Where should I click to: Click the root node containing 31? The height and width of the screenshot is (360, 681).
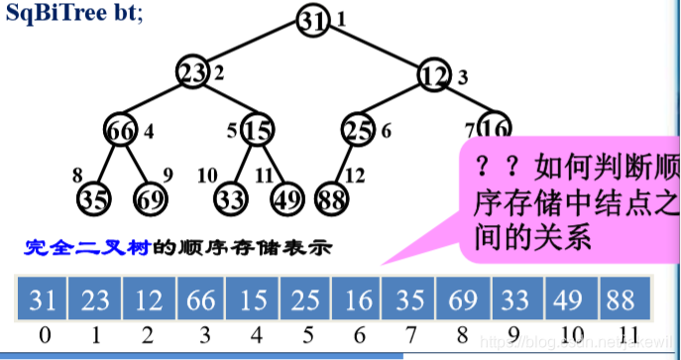313,21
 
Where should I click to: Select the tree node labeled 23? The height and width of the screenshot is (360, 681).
194,71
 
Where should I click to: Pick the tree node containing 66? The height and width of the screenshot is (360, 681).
121,130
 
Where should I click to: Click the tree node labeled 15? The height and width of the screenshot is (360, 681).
257,130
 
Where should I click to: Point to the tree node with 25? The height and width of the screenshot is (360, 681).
359,130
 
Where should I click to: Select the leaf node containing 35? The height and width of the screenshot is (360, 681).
93,196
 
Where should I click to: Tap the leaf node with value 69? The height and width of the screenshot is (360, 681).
152,196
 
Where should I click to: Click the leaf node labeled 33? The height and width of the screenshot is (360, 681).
232,196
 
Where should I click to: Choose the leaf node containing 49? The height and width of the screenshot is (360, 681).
287,196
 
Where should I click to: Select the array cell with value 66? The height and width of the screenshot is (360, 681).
201,299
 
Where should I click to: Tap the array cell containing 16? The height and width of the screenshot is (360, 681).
358,299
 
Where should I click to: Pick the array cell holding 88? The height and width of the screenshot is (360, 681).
622,299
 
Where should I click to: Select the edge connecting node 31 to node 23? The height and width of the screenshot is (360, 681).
254,46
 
